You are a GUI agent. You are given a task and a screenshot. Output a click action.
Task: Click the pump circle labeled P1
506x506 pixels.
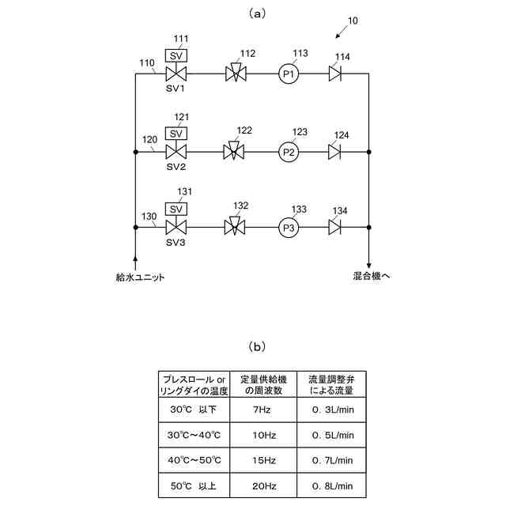pos(289,74)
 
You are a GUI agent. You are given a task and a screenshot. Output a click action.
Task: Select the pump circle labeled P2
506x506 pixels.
pos(289,151)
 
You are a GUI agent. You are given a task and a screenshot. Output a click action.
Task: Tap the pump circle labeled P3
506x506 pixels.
pos(289,228)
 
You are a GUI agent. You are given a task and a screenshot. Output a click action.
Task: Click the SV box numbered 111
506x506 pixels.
pos(176,56)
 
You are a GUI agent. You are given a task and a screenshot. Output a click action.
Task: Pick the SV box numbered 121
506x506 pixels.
pos(176,133)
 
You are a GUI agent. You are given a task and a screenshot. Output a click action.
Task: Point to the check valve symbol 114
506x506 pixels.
pos(336,74)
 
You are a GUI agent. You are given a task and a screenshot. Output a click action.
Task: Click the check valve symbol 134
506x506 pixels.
pos(336,228)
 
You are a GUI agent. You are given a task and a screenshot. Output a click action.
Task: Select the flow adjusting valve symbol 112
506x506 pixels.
pos(235,74)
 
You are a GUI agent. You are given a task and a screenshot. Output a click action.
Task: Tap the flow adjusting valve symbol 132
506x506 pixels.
pos(235,228)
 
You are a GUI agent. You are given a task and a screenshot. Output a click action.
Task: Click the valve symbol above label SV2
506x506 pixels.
pos(176,151)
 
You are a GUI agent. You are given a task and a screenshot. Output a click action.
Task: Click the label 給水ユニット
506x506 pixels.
pos(140,277)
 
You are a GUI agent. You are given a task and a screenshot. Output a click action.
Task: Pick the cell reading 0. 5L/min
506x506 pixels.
pos(331,435)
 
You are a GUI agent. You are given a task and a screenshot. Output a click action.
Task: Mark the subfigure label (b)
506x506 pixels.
pos(257,346)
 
